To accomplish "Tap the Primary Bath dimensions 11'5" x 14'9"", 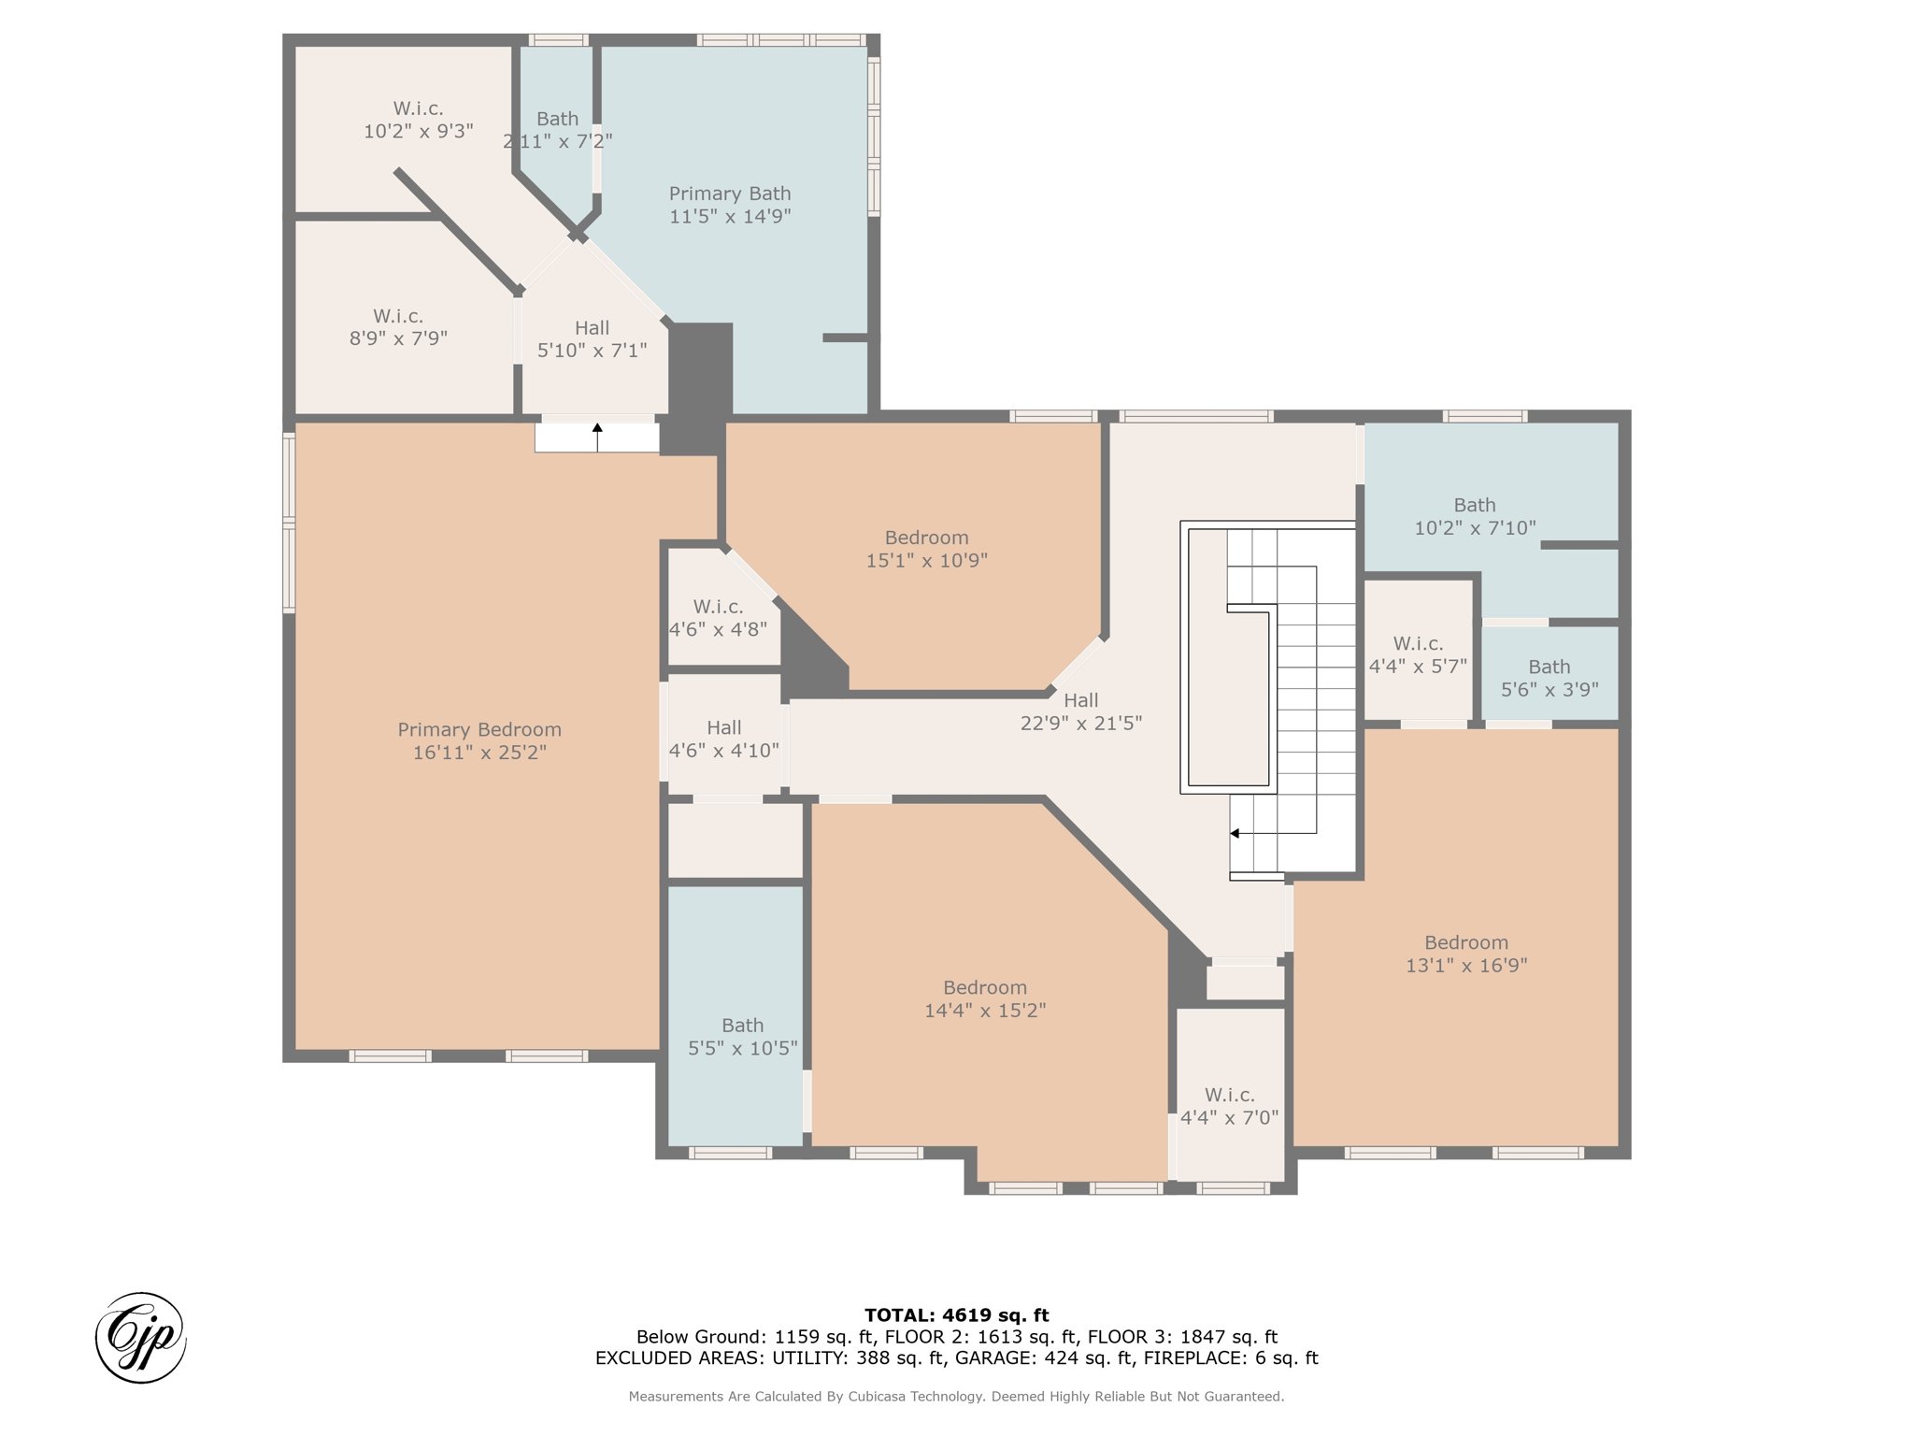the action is (x=730, y=216).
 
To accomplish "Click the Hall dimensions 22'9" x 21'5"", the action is (x=1081, y=723).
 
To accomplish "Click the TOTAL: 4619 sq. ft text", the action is (x=957, y=1315).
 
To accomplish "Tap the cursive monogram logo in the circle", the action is (x=141, y=1338).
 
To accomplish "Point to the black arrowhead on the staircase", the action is (x=1235, y=833).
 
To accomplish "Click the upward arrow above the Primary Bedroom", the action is (x=597, y=438).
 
